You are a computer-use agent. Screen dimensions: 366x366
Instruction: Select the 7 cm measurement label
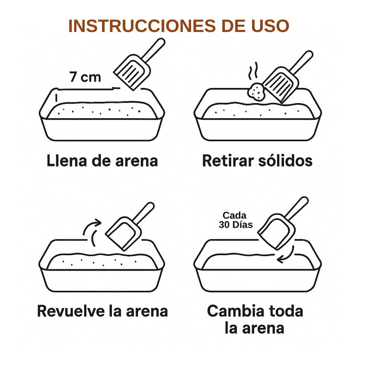click(85, 77)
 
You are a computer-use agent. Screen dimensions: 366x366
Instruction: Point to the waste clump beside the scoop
click(257, 92)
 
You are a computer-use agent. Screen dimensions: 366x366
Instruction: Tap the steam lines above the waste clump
click(254, 72)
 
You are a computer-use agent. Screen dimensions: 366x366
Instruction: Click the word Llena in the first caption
click(66, 161)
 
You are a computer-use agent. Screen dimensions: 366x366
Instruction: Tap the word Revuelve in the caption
click(72, 311)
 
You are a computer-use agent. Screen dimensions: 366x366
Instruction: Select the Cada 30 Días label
click(236, 220)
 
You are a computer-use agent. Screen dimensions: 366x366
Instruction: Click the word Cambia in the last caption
click(238, 311)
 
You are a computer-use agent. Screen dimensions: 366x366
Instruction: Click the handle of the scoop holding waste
click(301, 63)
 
